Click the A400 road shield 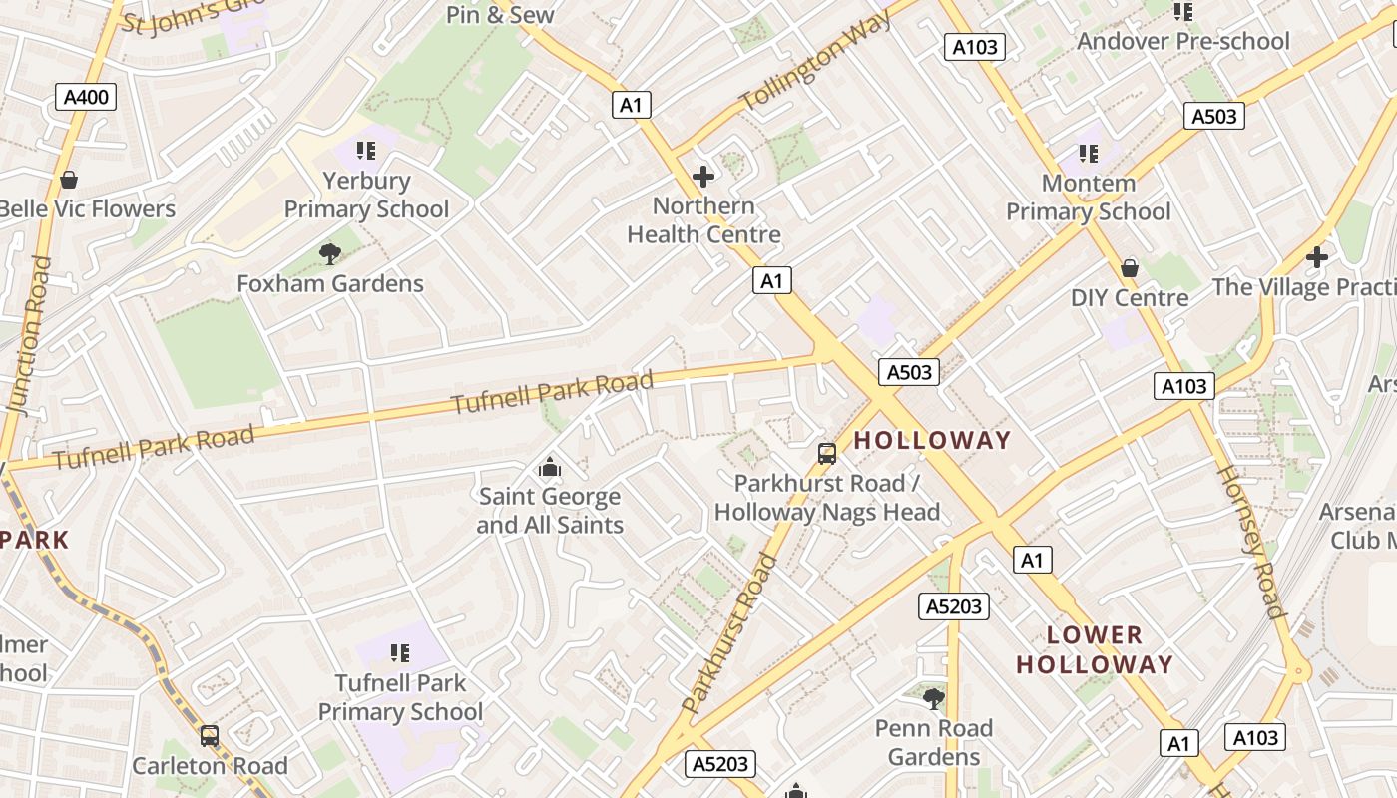tap(88, 97)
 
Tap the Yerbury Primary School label tap(366, 196)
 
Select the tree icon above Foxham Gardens tap(330, 254)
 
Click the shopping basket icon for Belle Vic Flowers tap(69, 181)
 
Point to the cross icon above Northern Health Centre tap(703, 177)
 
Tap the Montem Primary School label tap(1088, 198)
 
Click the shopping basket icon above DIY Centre tap(1130, 268)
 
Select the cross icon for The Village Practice tap(1317, 257)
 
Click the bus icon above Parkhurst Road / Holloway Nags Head tap(826, 454)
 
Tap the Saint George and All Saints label tap(550, 511)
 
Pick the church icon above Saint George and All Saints tap(549, 467)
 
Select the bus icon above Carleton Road tap(210, 736)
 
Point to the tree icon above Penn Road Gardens tap(934, 698)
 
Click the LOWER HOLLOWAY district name tap(1094, 649)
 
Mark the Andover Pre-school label tap(1182, 41)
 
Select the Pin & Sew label tap(500, 14)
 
